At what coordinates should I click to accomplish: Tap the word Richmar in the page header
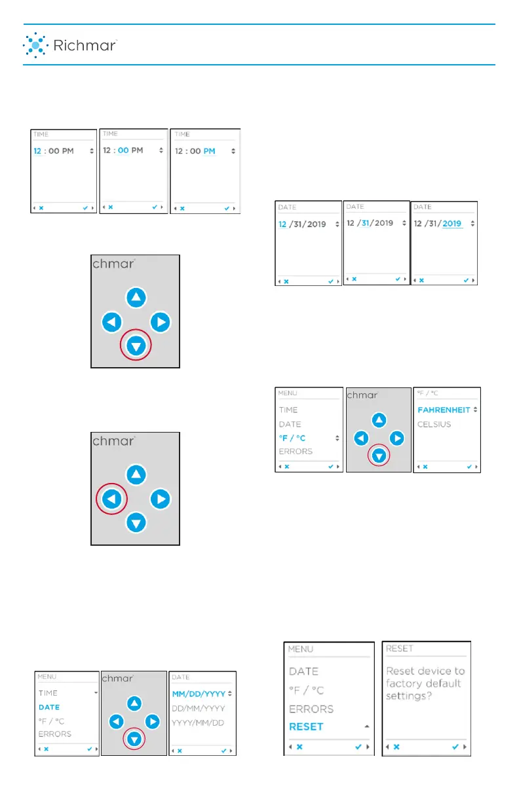(x=85, y=46)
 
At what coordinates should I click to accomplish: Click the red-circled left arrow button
(x=111, y=499)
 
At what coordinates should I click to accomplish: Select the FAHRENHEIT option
(x=444, y=410)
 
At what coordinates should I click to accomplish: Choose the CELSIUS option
(x=434, y=424)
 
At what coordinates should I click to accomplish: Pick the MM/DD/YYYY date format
(x=198, y=693)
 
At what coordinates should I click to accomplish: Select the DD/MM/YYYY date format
(x=199, y=708)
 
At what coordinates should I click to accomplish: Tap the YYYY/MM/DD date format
(x=199, y=722)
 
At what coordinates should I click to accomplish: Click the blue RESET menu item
(x=306, y=726)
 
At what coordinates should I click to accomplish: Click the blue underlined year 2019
(x=452, y=223)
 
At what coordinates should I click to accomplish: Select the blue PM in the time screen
(x=209, y=151)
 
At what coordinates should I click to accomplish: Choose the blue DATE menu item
(x=49, y=707)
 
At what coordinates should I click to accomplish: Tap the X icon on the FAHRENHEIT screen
(x=425, y=467)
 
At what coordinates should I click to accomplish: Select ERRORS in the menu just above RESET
(x=311, y=709)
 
